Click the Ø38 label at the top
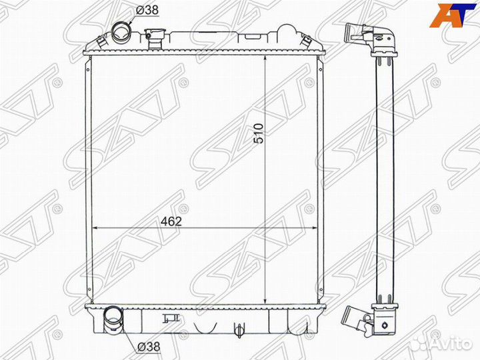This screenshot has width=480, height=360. tap(147, 10)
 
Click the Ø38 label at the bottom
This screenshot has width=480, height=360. tap(149, 347)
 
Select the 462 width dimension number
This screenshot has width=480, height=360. tap(171, 221)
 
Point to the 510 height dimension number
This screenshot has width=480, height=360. tap(259, 133)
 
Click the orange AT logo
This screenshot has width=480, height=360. tap(449, 15)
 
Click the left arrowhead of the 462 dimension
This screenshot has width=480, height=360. tap(95, 228)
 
